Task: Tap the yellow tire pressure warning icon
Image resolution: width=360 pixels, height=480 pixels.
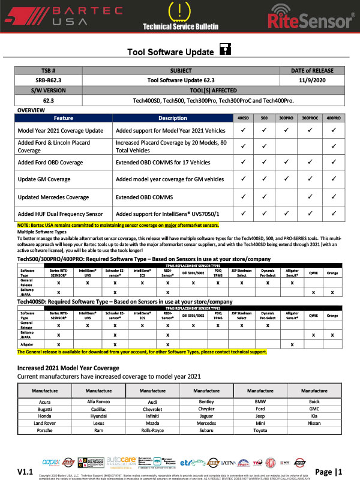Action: click(x=179, y=11)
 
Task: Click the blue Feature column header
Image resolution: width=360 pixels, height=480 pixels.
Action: click(x=63, y=118)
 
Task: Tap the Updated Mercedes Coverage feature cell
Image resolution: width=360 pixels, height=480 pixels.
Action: click(x=54, y=197)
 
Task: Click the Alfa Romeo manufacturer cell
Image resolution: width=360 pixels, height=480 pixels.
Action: click(x=87, y=401)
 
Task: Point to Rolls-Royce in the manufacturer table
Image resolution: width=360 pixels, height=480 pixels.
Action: click(x=141, y=430)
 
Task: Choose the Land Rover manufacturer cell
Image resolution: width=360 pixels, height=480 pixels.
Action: click(x=36, y=423)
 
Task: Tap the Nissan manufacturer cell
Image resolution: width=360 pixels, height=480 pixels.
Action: click(x=315, y=423)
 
